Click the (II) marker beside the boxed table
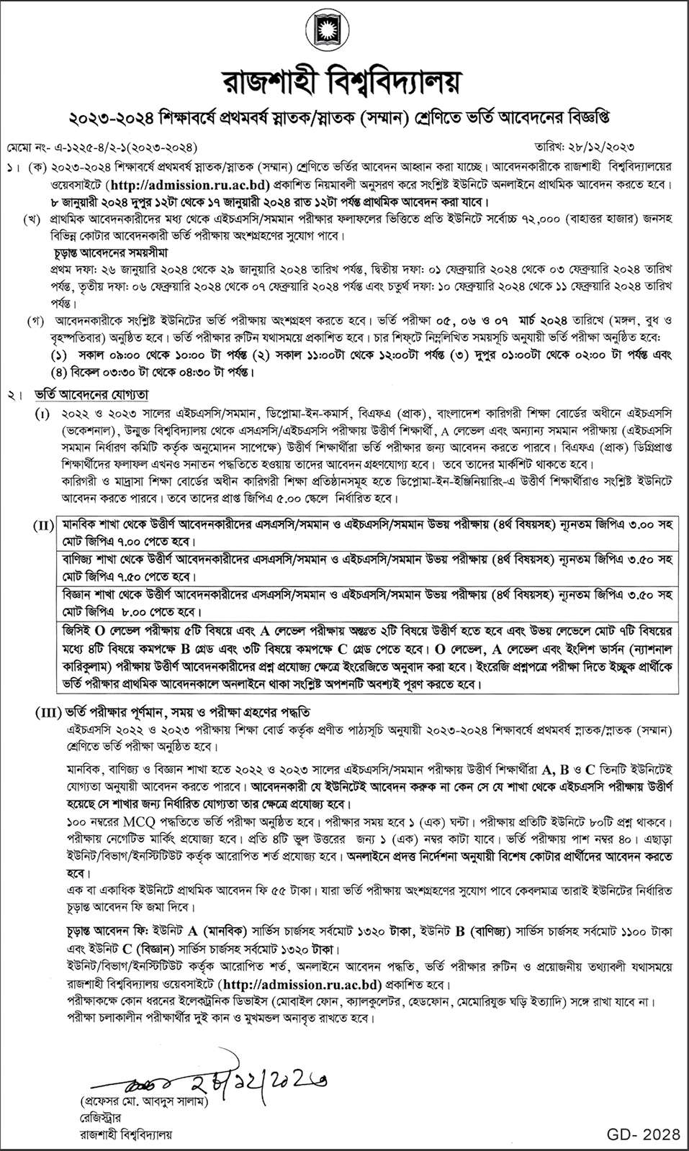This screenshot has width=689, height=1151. point(42,526)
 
